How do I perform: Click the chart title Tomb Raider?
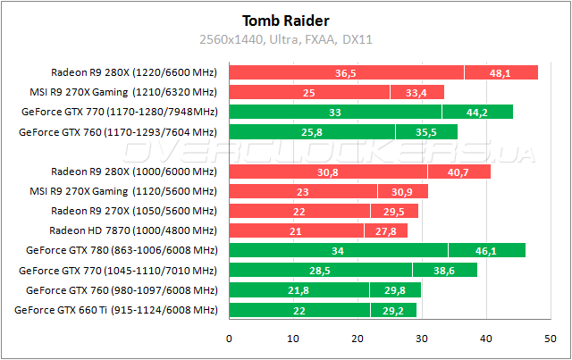pos(286,21)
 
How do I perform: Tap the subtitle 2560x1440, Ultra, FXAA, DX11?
pos(286,39)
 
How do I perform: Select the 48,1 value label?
pos(500,72)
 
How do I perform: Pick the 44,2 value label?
pos(476,113)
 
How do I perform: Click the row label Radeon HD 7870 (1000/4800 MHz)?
pos(152,230)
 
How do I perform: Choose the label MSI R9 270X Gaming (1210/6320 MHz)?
pos(123,92)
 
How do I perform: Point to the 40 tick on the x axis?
pos(486,338)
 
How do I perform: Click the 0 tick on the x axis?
pos(230,338)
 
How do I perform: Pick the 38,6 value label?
pos(444,270)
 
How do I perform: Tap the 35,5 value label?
pos(426,132)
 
